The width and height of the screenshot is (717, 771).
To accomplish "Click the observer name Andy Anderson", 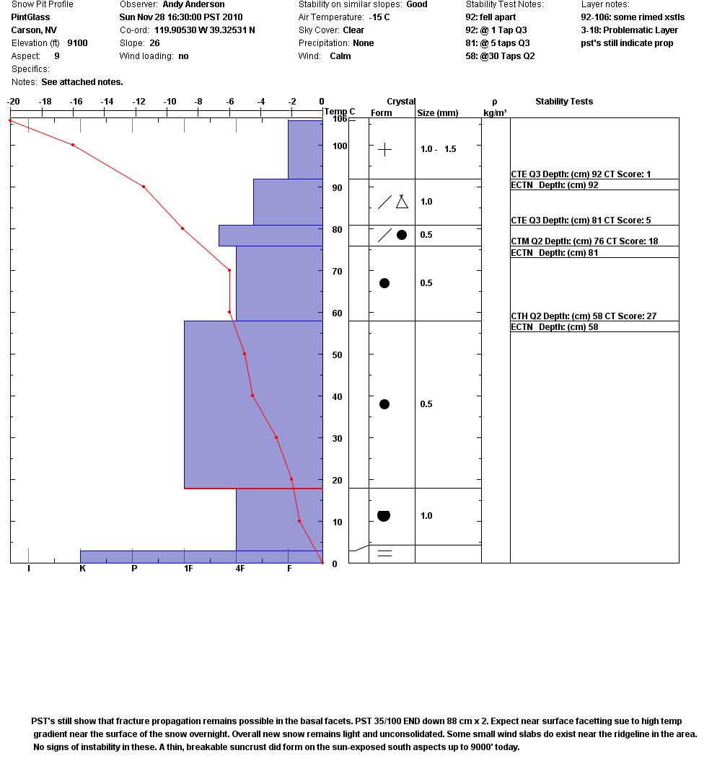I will (x=193, y=4).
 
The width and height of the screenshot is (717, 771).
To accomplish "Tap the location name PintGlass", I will (x=30, y=17).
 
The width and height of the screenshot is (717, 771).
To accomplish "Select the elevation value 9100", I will (x=77, y=43).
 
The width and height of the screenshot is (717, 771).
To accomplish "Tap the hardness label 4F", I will (x=239, y=569).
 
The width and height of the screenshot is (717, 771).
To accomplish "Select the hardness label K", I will (x=83, y=569).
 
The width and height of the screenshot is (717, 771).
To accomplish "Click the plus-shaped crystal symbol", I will (x=385, y=149).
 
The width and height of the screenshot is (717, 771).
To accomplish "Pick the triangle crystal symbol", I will (x=402, y=202).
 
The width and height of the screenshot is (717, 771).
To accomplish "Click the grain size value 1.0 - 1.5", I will (x=438, y=149).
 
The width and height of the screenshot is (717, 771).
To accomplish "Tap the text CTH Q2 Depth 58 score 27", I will (x=584, y=316).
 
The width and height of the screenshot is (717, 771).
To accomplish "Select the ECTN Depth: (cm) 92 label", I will (x=554, y=185).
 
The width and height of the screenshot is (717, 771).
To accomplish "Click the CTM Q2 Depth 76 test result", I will (x=584, y=241).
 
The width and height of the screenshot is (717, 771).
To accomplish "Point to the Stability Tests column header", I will (x=563, y=102).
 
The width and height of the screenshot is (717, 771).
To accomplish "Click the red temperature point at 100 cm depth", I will (x=73, y=145).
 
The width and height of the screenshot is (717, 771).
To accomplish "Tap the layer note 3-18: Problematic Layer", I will (x=629, y=30).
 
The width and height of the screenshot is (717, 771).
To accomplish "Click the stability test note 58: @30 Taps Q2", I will (x=500, y=56).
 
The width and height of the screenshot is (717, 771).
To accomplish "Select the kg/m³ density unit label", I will (x=495, y=112).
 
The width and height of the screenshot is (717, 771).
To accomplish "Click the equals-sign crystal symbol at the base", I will (x=384, y=553).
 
